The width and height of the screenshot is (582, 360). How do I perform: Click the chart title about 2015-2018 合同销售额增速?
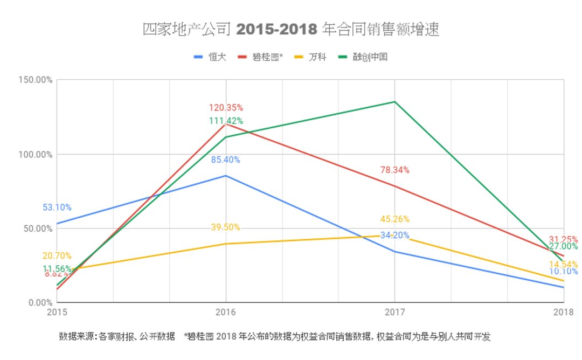pos(291,30)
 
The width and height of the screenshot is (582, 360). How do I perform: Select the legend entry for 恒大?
pos(210,57)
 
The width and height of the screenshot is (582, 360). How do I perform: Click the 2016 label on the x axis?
pos(225,312)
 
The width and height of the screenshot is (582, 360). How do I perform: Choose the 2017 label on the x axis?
pos(394,312)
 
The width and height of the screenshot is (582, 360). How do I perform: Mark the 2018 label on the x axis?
pos(563,312)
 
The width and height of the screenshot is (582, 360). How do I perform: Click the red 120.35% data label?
pos(225,108)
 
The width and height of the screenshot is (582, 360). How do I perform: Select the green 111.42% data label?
pos(225,121)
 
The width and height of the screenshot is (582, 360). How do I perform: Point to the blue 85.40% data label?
pos(225,160)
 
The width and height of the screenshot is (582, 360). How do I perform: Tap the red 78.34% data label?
pos(394,170)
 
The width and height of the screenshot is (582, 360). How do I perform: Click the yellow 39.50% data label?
pos(225,227)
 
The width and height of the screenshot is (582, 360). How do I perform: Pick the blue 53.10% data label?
pos(57,207)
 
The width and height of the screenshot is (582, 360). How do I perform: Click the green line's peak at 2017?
pos(394,102)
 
